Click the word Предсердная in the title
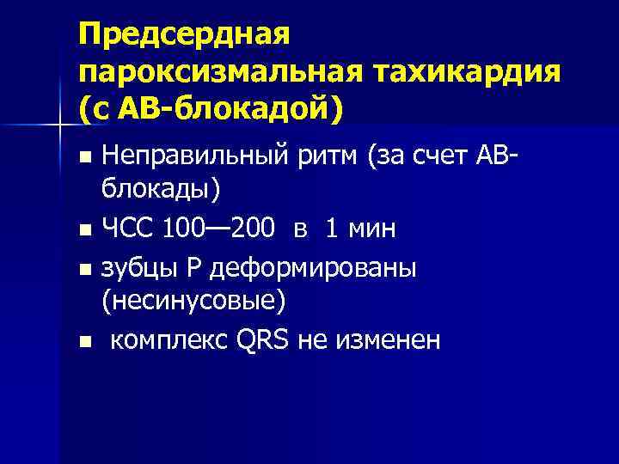click(186, 35)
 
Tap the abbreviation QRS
click(260, 341)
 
